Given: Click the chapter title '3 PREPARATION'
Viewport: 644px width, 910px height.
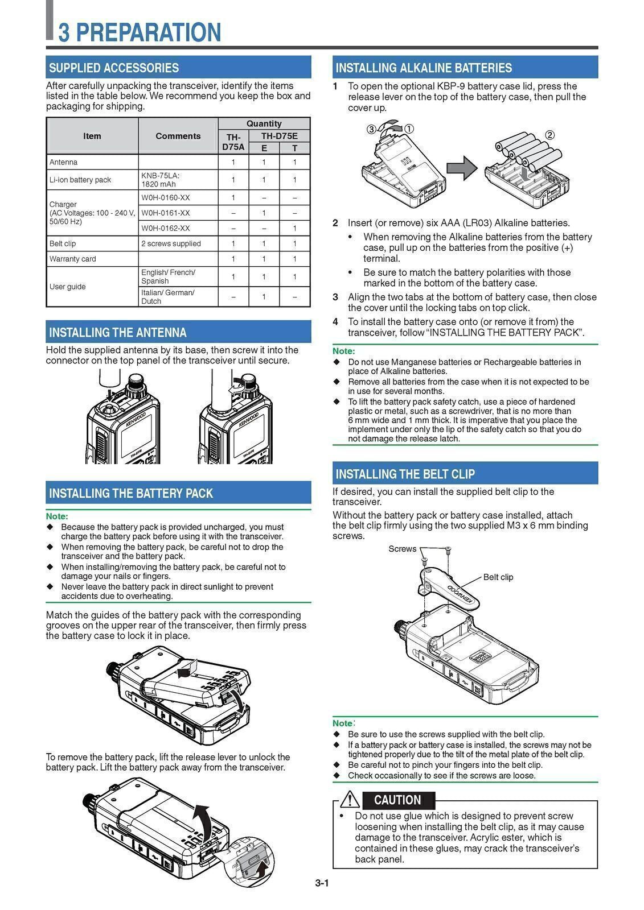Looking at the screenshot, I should point(140,32).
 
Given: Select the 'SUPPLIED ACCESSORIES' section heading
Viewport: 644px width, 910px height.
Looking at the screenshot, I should point(114,68).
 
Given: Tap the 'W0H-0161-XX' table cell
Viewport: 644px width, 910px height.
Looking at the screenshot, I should point(166,213).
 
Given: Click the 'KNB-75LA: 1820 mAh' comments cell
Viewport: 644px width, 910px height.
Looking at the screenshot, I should point(161,180).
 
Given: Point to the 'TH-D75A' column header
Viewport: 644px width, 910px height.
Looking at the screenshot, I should point(233,142).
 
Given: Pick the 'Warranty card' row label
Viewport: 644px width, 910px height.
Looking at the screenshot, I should point(73,259).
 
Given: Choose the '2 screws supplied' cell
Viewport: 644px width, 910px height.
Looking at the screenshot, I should point(171,243).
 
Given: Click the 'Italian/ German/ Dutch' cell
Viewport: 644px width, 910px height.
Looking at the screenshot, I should point(168,296).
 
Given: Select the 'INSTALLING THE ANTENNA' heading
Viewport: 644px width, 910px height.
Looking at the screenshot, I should point(118,332).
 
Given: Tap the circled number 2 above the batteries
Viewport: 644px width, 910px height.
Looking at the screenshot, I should point(549,135).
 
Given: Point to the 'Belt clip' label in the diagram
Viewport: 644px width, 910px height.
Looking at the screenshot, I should point(498,577).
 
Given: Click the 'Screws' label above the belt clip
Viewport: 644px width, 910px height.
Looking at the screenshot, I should point(403,549).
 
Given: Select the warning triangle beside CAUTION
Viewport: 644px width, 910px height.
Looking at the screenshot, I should point(350,800).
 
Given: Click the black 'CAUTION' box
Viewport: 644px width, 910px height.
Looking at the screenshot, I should point(397,800).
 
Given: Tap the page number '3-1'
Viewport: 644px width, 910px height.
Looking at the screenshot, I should point(322,883).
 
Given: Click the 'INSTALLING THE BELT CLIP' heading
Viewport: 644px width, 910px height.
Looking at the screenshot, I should point(405,474).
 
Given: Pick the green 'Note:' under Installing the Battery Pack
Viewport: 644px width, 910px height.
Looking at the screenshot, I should point(57,516).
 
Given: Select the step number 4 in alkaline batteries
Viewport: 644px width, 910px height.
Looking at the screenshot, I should point(335,322).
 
